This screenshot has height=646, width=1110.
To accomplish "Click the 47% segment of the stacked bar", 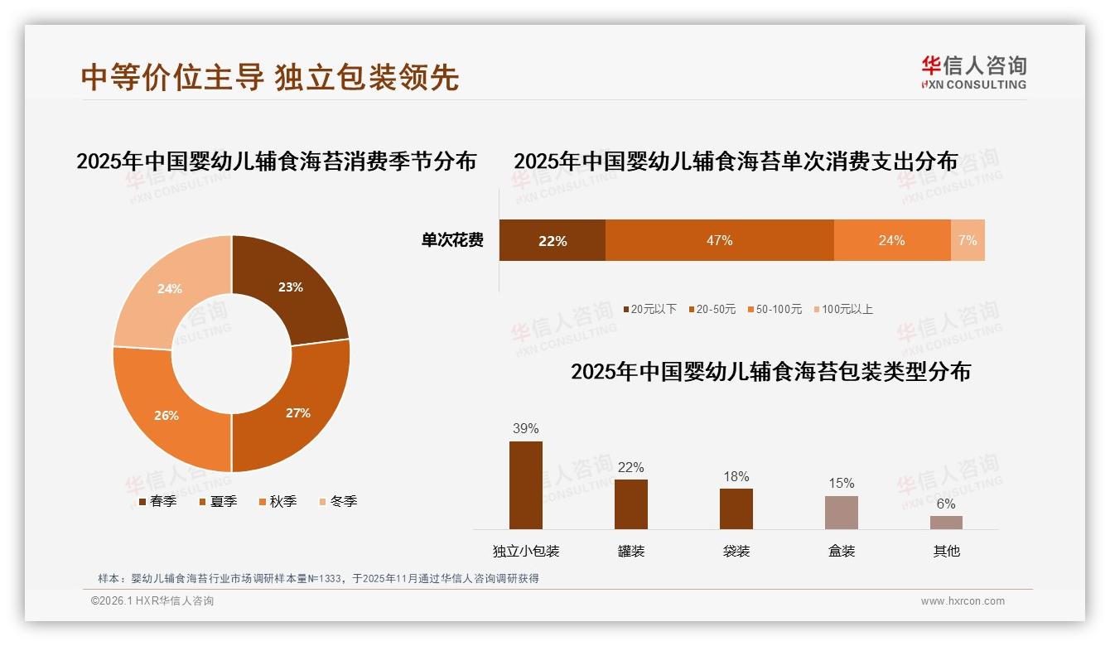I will [x=719, y=241].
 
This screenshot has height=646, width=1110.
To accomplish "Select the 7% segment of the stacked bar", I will [x=968, y=241].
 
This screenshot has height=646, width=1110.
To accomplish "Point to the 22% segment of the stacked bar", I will [x=552, y=241].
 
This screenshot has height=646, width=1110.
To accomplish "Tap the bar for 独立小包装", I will [x=526, y=485].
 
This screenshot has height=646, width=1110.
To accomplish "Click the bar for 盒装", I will [x=841, y=513].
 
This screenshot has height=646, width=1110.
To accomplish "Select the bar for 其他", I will [x=946, y=523].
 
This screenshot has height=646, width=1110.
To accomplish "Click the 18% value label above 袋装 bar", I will [x=736, y=476].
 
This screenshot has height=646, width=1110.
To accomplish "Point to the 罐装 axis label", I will [x=630, y=551].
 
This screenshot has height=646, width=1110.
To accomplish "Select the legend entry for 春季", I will [x=157, y=501].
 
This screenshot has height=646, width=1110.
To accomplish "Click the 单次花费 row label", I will [x=452, y=241].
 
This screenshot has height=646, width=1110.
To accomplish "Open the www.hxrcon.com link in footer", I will [x=963, y=601].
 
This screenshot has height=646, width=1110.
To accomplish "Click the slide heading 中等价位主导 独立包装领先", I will [x=270, y=77].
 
